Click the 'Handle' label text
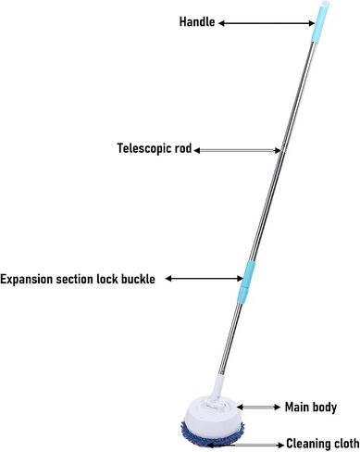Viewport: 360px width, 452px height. (x=197, y=22)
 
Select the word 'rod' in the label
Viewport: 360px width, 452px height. (x=183, y=148)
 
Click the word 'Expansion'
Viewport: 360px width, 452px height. (x=27, y=279)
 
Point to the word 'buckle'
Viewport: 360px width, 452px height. (x=138, y=279)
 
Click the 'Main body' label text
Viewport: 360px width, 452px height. (x=311, y=408)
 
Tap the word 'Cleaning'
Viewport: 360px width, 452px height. (x=307, y=444)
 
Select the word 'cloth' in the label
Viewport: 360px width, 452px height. (x=345, y=444)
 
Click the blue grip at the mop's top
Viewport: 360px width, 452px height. (x=320, y=21)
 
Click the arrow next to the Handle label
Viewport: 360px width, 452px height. (x=267, y=23)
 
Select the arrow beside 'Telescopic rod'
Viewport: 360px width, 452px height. (x=238, y=150)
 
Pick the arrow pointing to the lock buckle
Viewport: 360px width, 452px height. (x=205, y=279)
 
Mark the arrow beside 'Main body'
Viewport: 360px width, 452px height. (x=258, y=408)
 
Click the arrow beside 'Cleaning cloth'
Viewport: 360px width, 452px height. (x=245, y=445)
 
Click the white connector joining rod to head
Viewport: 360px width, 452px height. (x=217, y=391)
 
